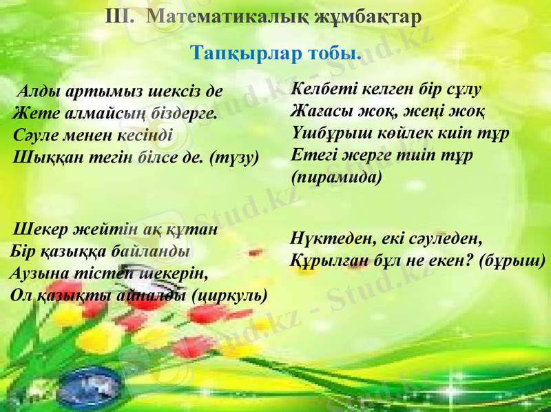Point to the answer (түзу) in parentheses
233,157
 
